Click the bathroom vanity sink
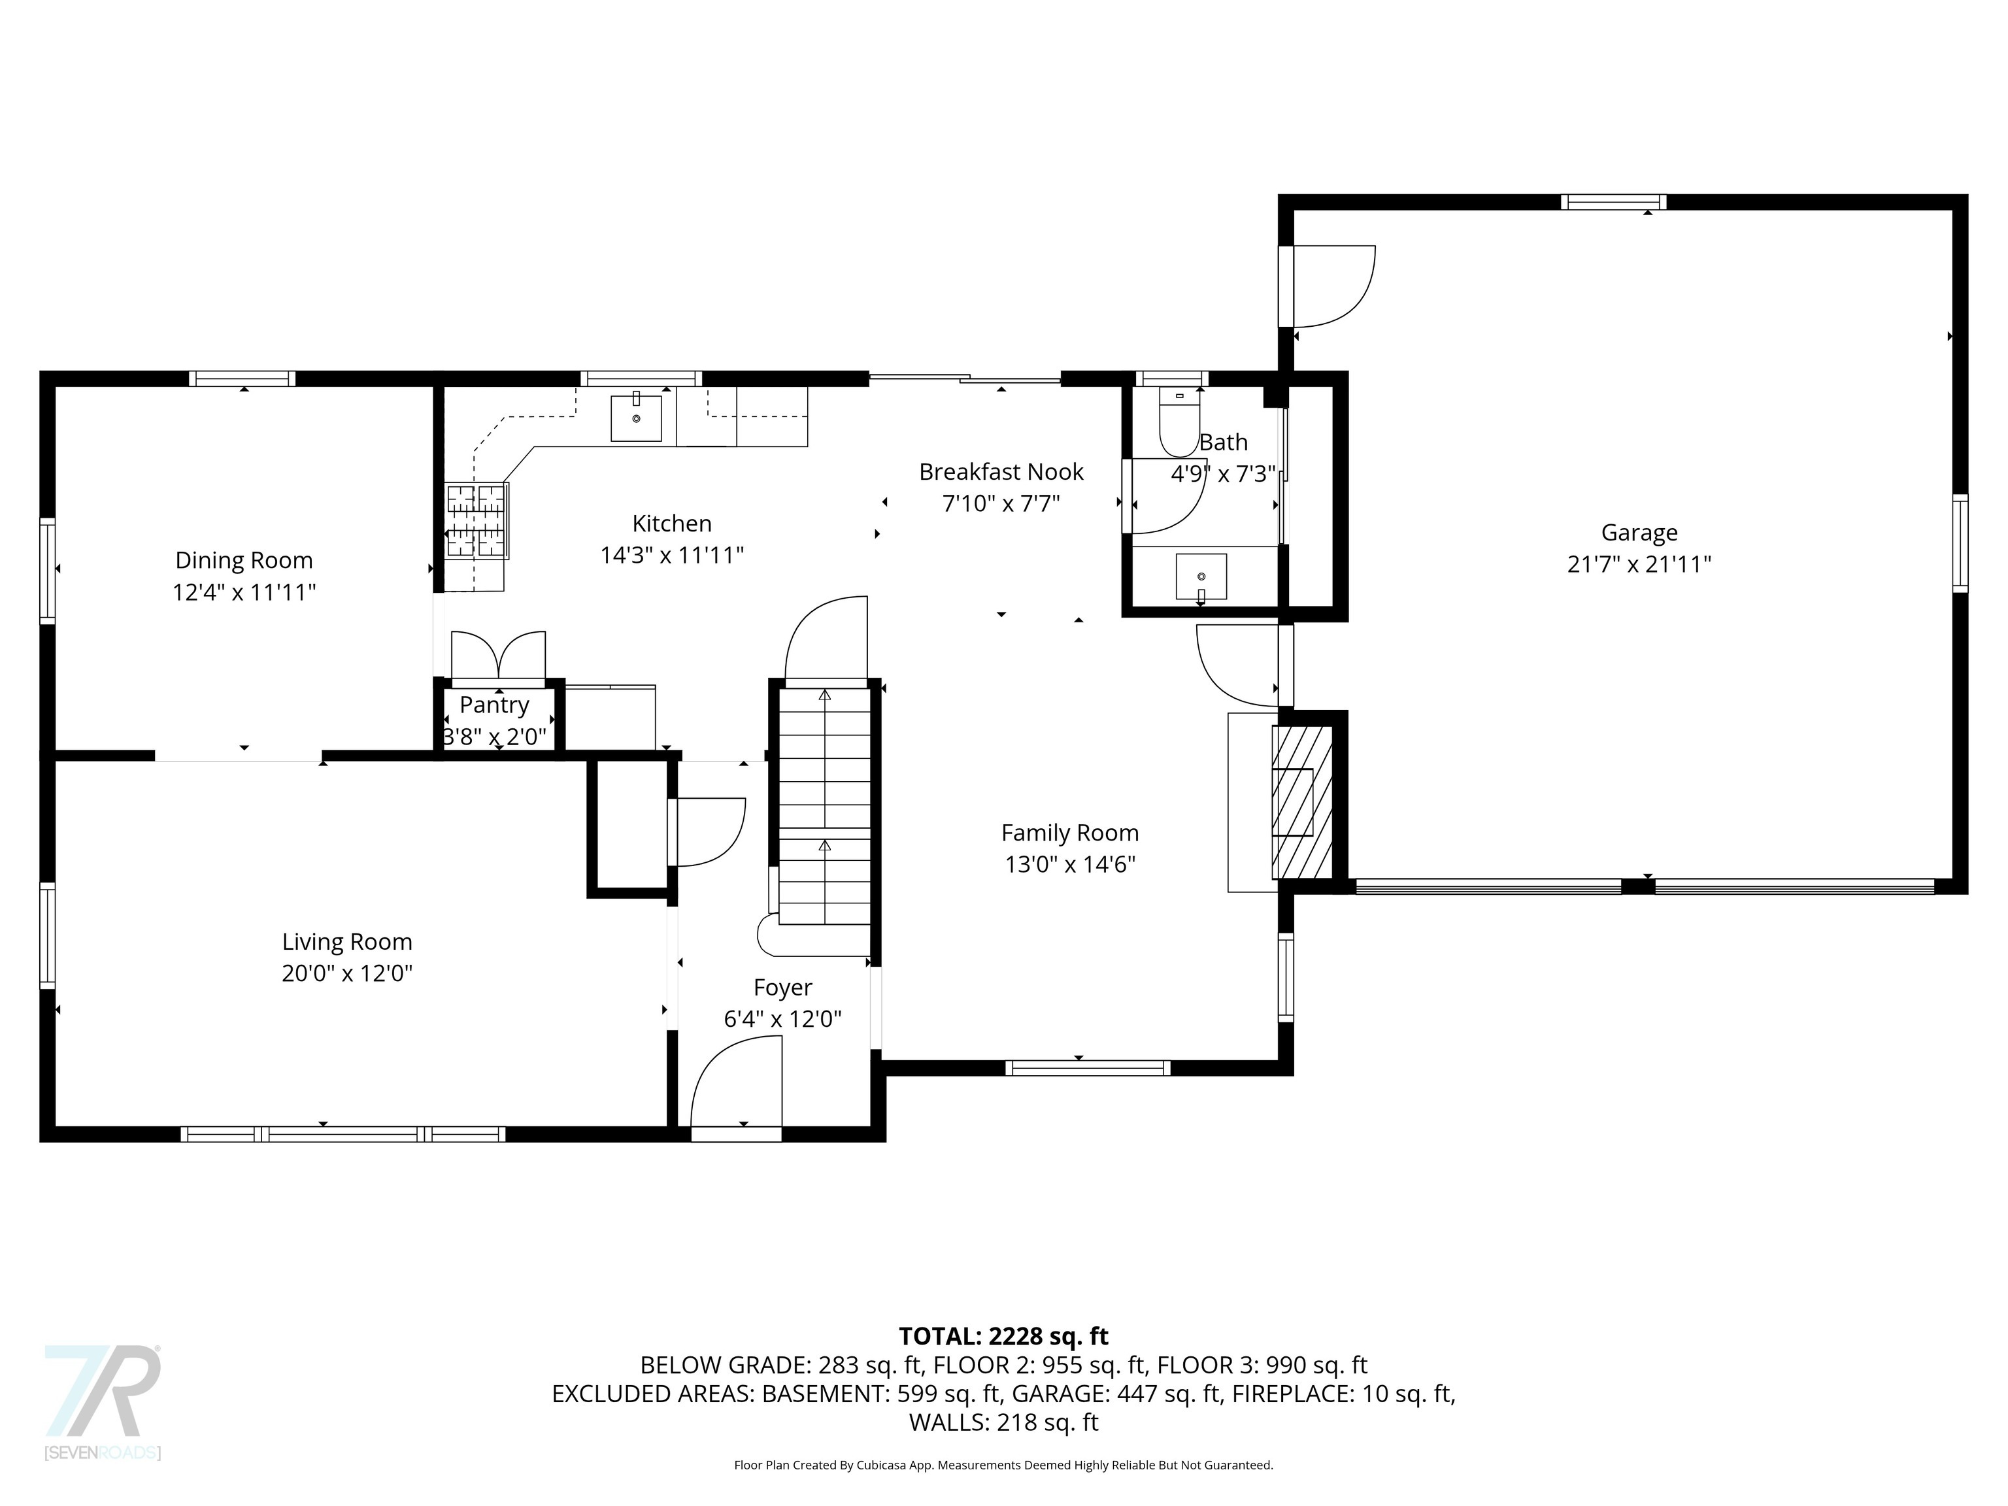click(x=1201, y=577)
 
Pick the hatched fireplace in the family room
click(x=1303, y=801)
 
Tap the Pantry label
click(x=494, y=705)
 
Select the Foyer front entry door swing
click(x=736, y=1090)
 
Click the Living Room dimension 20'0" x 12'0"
click(x=347, y=973)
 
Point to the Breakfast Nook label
click(x=1001, y=471)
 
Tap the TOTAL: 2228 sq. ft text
click(x=1003, y=1336)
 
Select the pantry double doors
click(x=498, y=656)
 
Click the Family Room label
click(x=1069, y=833)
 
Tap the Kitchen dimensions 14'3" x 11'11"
click(x=672, y=555)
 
